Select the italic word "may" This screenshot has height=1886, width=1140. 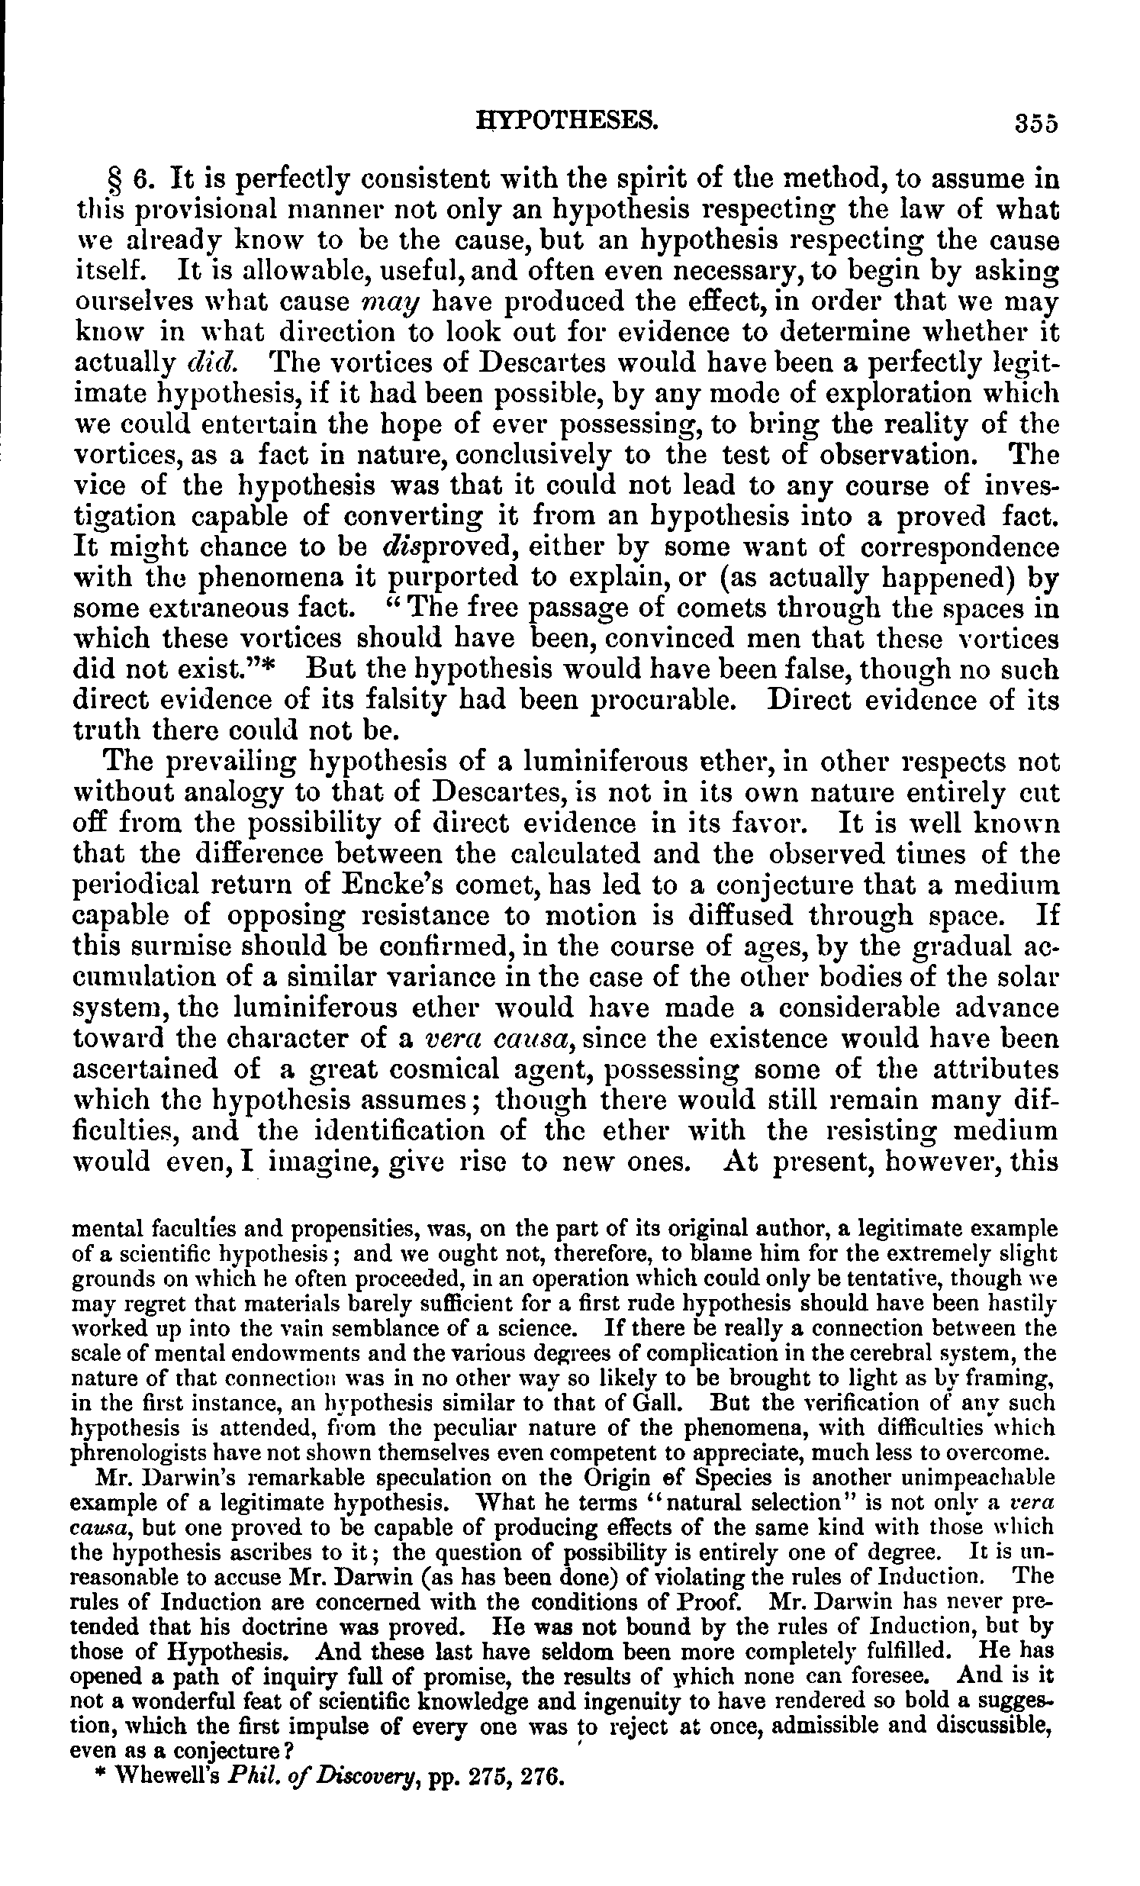pos(391,303)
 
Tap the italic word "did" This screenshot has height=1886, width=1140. pos(214,364)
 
